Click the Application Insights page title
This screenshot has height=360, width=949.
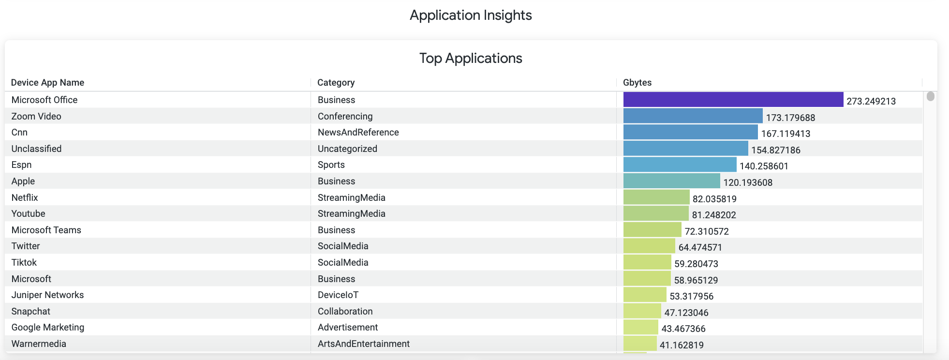tap(471, 15)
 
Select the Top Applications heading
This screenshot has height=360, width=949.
tap(471, 59)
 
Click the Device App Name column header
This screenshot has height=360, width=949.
tap(47, 83)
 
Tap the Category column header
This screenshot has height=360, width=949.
tap(336, 83)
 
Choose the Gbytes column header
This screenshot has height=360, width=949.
tap(637, 83)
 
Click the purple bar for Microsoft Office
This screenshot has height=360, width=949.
tap(733, 100)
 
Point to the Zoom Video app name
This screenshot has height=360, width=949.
tap(36, 117)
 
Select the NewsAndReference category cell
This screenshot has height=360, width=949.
tap(358, 133)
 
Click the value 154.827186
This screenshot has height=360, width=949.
tap(775, 150)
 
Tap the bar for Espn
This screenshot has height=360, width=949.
tap(680, 165)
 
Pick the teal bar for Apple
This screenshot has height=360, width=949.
tap(671, 181)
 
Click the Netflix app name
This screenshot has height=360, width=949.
tap(25, 198)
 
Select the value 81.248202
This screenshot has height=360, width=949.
tap(713, 215)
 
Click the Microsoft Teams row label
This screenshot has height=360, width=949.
tap(46, 230)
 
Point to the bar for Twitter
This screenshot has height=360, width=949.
tap(649, 246)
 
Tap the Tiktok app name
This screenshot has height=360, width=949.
tap(24, 263)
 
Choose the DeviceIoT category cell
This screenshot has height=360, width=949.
tap(338, 295)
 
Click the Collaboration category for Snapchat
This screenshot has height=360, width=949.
tap(345, 312)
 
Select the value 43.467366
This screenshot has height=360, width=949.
tap(683, 329)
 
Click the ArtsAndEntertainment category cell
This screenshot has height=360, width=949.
tap(363, 344)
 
